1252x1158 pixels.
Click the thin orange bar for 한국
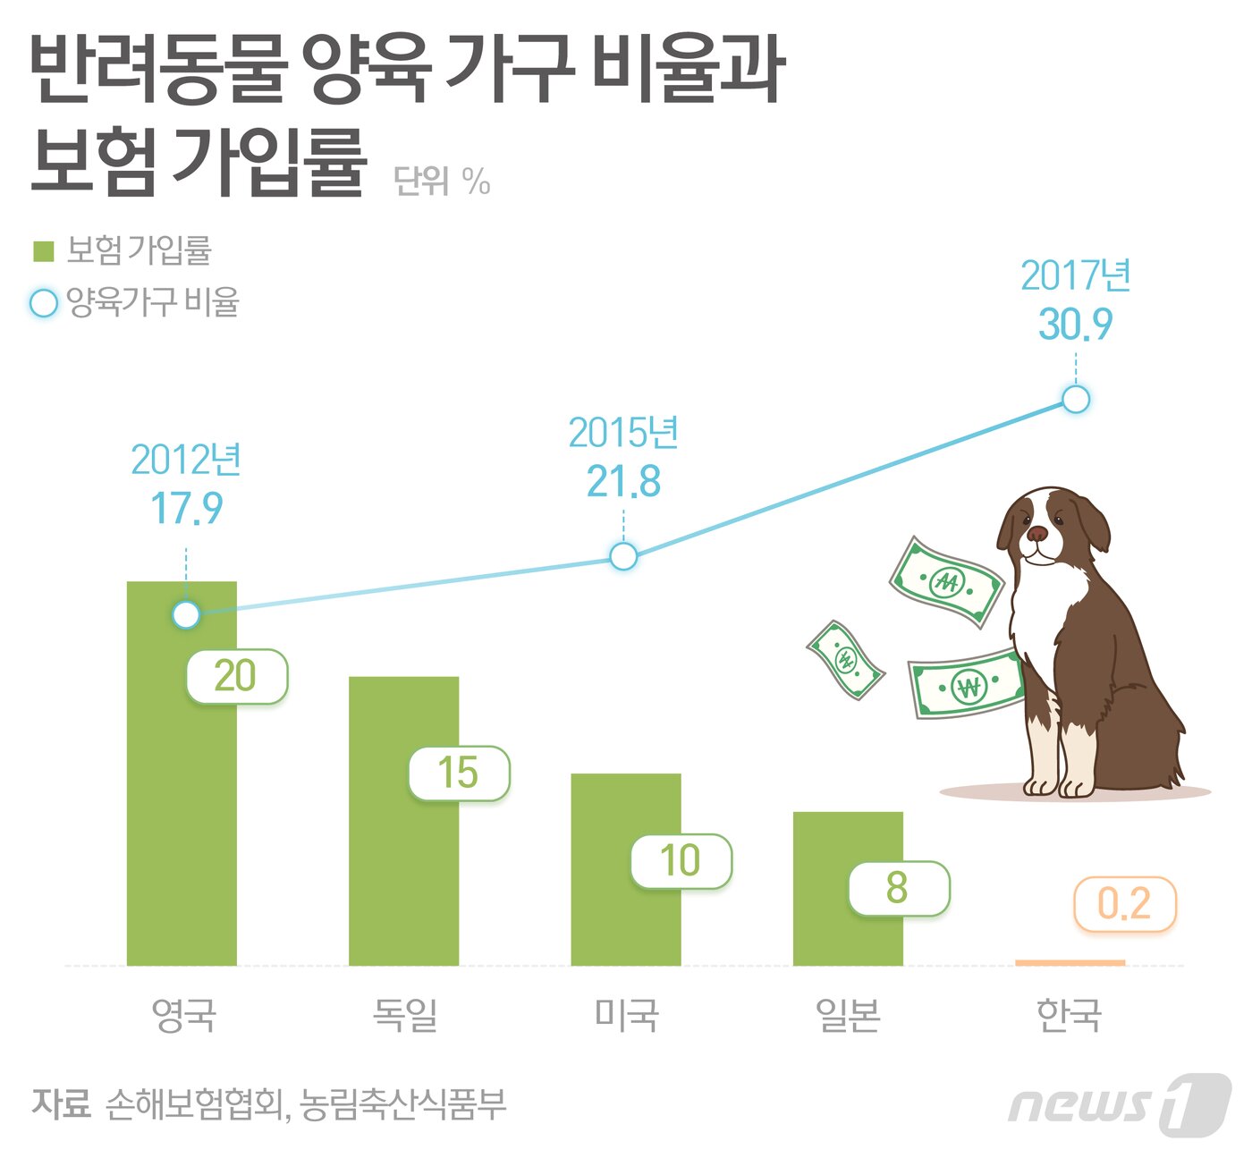1070,963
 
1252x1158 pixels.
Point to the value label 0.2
1124,904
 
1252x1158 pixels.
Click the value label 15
459,773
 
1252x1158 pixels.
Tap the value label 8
898,888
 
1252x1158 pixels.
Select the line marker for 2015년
623,556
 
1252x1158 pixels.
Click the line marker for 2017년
1076,399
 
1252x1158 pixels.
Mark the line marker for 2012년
186,615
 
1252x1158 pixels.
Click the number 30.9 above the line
1075,324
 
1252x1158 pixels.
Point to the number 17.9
186,508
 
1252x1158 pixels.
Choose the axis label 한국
1069,1015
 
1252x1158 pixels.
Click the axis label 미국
626,1015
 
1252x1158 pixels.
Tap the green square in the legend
44,251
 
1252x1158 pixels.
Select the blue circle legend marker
44,303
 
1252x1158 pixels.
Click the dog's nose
1036,534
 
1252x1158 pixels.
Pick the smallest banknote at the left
845,660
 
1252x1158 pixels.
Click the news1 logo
1118,1105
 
